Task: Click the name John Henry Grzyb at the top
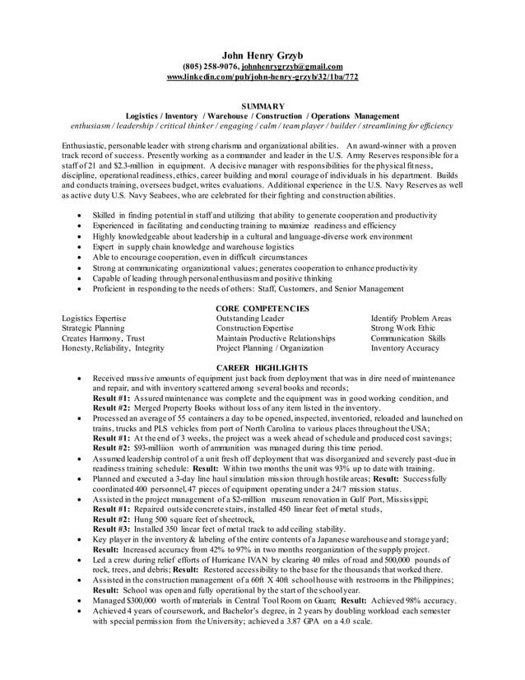pyautogui.click(x=262, y=55)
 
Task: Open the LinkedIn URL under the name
pyautogui.click(x=262, y=77)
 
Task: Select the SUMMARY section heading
pyautogui.click(x=262, y=106)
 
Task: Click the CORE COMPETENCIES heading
pyautogui.click(x=262, y=308)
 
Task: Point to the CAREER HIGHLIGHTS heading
pyautogui.click(x=262, y=367)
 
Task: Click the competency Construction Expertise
pyautogui.click(x=254, y=328)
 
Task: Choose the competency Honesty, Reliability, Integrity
pyautogui.click(x=113, y=348)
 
